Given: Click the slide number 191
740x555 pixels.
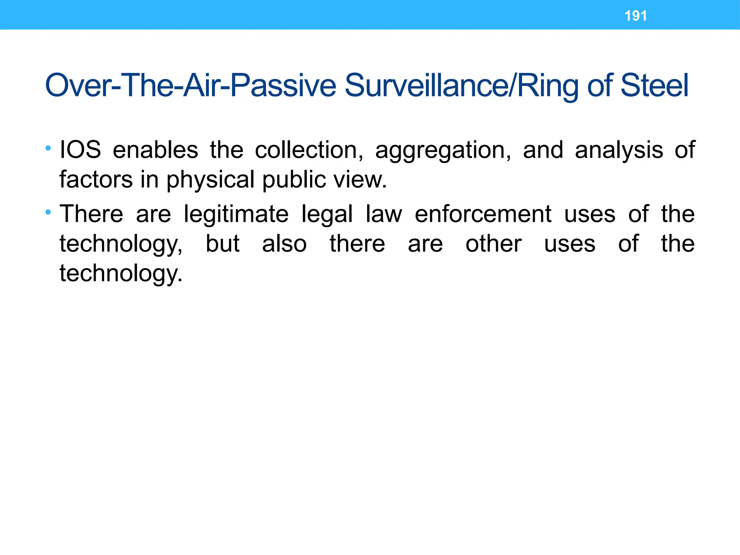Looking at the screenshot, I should point(636,16).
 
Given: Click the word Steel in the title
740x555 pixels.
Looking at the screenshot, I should point(654,86).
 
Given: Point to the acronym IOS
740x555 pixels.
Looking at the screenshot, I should point(80,150).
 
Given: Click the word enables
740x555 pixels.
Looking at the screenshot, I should point(155,150).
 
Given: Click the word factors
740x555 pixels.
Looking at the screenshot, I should point(96,179).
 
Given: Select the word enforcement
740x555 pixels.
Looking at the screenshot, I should point(483,214).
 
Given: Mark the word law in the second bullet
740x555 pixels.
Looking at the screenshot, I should point(384,214).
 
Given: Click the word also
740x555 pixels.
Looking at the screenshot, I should point(284,244).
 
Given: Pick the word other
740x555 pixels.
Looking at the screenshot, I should point(494,244).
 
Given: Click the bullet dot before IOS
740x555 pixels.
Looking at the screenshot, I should point(48,148).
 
